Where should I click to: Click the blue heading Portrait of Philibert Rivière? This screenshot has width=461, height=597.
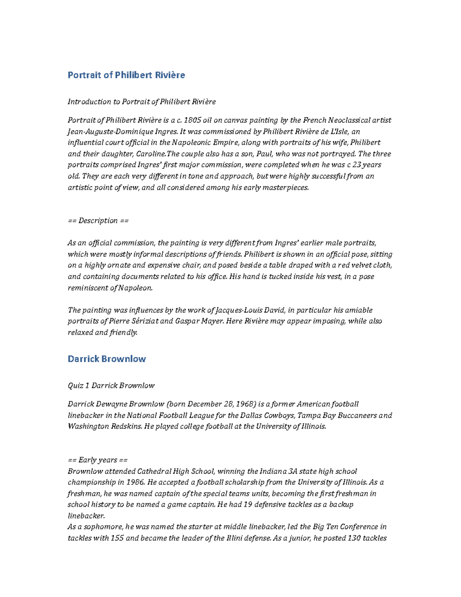tap(126, 75)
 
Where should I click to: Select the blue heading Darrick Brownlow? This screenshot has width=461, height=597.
tap(106, 359)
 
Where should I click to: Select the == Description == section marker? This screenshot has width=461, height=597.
tap(98, 221)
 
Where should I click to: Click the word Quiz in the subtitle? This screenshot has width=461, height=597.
tap(76, 386)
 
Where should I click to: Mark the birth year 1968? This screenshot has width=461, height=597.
tap(246, 404)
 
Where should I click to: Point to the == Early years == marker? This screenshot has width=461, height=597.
tap(98, 460)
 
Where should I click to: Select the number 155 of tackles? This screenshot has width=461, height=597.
tap(117, 538)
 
